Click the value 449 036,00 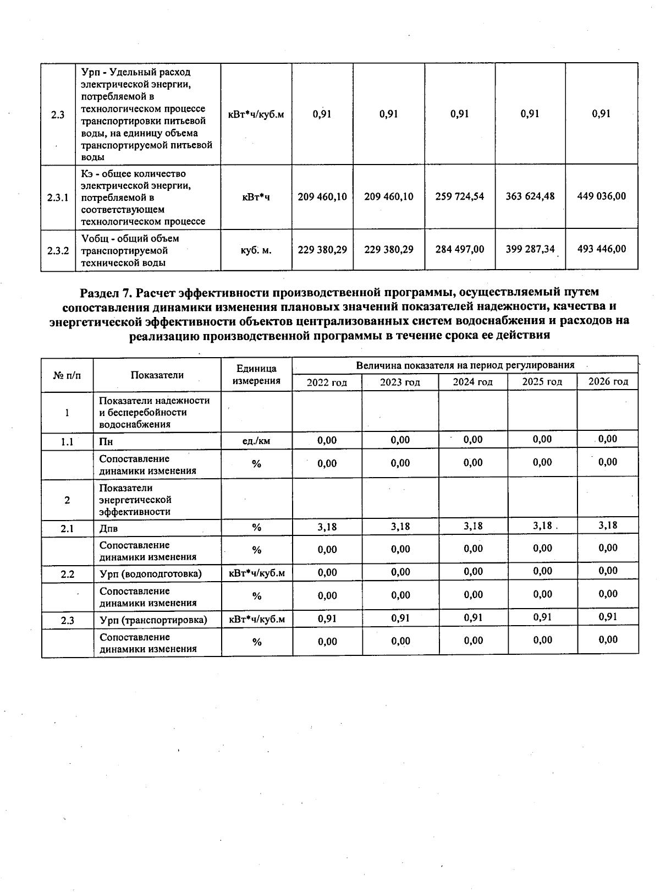(x=601, y=196)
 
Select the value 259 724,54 (x=459, y=196)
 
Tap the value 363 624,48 (x=530, y=196)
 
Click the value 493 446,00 (x=601, y=249)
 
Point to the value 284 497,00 (x=459, y=249)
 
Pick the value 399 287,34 (x=530, y=249)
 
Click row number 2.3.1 (x=58, y=197)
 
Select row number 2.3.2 (x=58, y=250)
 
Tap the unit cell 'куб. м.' (x=256, y=250)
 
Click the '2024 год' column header (x=472, y=382)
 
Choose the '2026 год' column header (x=608, y=381)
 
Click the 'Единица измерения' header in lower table (x=256, y=375)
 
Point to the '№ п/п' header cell (x=67, y=375)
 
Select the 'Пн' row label (x=106, y=441)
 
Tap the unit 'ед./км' (x=256, y=441)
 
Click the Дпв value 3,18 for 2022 (x=327, y=527)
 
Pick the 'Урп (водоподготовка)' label (x=151, y=573)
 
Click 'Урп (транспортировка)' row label (x=153, y=620)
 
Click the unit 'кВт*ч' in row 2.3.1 (x=256, y=197)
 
